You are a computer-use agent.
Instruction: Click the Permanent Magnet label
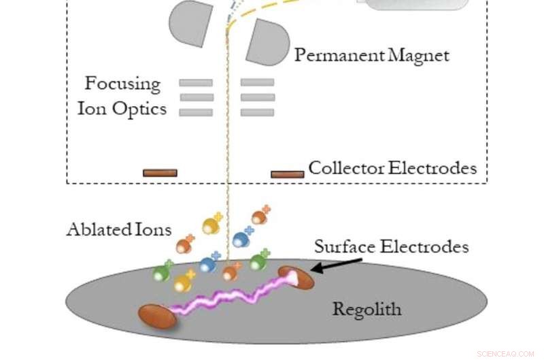pyautogui.click(x=371, y=55)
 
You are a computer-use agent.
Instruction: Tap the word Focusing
pyautogui.click(x=122, y=84)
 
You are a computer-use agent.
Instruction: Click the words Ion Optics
pyautogui.click(x=122, y=108)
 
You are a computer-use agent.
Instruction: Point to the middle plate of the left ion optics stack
pyautogui.click(x=196, y=97)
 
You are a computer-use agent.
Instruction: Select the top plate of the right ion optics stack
pyautogui.click(x=257, y=82)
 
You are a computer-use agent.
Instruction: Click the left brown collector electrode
pyautogui.click(x=160, y=173)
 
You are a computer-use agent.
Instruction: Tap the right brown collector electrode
pyautogui.click(x=287, y=174)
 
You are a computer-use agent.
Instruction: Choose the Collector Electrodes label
pyautogui.click(x=392, y=167)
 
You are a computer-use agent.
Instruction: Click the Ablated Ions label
pyautogui.click(x=119, y=229)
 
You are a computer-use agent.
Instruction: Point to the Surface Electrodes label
pyautogui.click(x=391, y=246)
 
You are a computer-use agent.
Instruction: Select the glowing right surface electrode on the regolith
pyautogui.click(x=297, y=277)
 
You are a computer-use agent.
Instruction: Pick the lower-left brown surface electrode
pyautogui.click(x=157, y=316)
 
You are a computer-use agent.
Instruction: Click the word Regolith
pyautogui.click(x=367, y=309)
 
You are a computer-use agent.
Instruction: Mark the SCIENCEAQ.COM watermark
pyautogui.click(x=505, y=354)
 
